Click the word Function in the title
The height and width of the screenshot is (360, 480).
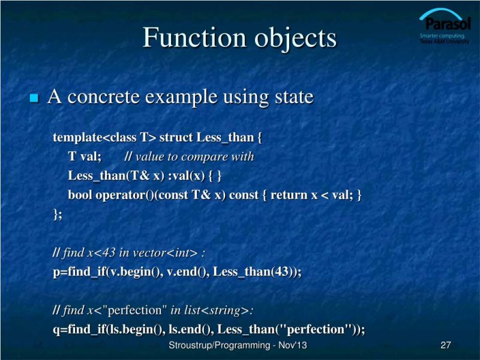[x=185, y=38]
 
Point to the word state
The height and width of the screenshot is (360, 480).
[x=293, y=97]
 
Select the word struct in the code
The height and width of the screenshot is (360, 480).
[x=176, y=137]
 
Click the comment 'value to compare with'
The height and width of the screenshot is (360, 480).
[x=195, y=157]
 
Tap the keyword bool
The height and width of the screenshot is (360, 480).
[x=80, y=196]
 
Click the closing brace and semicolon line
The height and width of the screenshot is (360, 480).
[x=58, y=214]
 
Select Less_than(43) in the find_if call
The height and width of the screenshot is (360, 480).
[x=254, y=272]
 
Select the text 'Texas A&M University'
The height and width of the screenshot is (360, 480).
[x=445, y=41]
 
